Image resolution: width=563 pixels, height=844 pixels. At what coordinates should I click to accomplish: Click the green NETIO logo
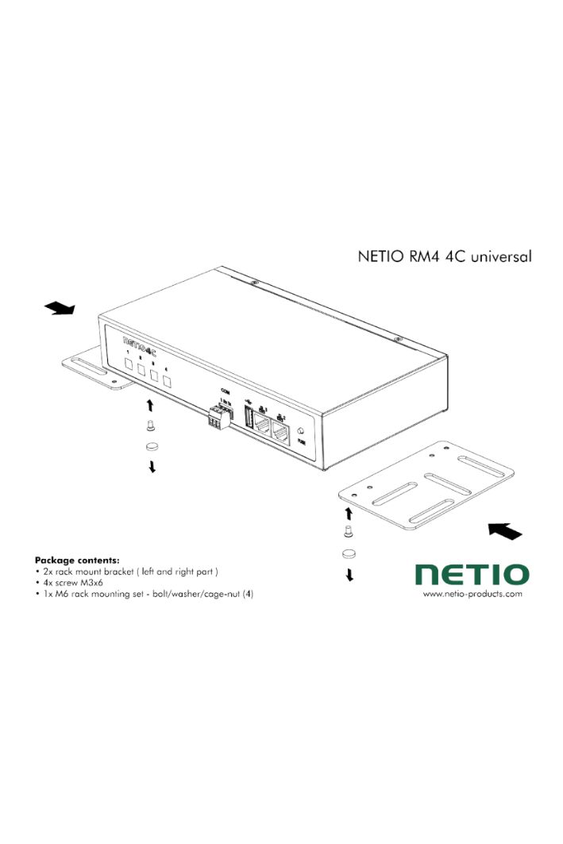tap(472, 574)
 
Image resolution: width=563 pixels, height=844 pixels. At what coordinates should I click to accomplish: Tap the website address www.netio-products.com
tap(472, 594)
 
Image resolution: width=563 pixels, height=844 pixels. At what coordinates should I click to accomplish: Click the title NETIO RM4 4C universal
tap(443, 256)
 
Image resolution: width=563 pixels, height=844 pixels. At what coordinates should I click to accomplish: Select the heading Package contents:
tap(77, 560)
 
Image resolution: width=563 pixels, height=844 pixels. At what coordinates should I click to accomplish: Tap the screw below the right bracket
tap(348, 531)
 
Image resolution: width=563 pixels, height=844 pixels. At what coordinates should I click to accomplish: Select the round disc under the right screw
tap(349, 553)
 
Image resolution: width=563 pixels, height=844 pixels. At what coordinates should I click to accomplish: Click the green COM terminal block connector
tap(217, 417)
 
